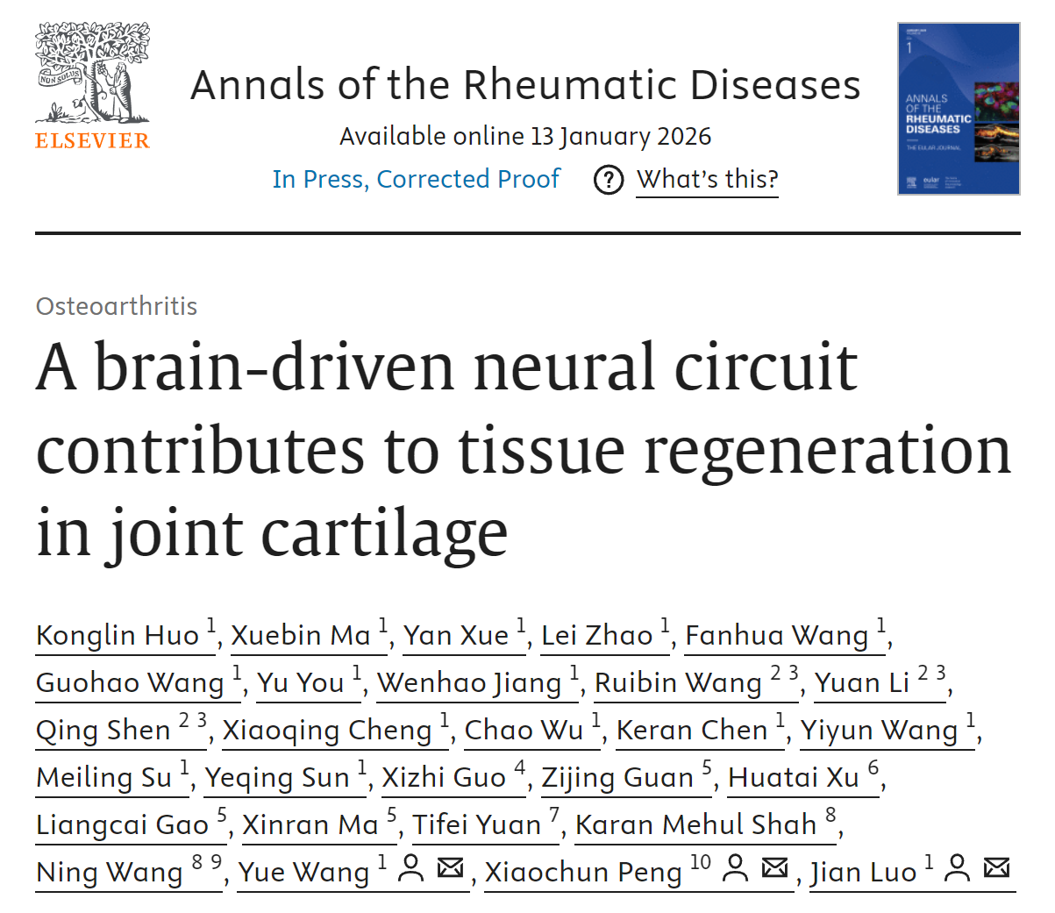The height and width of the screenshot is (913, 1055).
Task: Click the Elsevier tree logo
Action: pyautogui.click(x=92, y=73)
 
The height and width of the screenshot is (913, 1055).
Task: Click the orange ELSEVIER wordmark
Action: pyautogui.click(x=92, y=140)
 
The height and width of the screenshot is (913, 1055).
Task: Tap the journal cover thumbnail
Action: pyautogui.click(x=959, y=108)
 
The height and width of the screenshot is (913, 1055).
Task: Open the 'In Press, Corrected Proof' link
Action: pyautogui.click(x=416, y=179)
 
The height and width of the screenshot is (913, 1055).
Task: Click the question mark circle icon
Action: pyautogui.click(x=609, y=180)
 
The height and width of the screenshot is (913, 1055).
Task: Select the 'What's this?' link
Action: pyautogui.click(x=708, y=179)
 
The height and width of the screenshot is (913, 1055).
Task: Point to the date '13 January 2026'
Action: pyautogui.click(x=621, y=136)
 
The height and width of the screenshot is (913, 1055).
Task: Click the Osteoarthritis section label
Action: pyautogui.click(x=117, y=306)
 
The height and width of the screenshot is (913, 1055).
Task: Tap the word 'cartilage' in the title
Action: pyautogui.click(x=384, y=533)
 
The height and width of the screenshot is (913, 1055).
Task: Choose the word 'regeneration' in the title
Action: pyautogui.click(x=827, y=452)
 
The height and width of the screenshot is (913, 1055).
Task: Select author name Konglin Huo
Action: pyautogui.click(x=118, y=635)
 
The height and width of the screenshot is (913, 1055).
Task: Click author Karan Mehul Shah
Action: pyautogui.click(x=696, y=824)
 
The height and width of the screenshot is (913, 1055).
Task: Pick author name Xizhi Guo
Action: pyautogui.click(x=444, y=777)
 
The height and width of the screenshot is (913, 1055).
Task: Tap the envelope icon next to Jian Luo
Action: pyautogui.click(x=997, y=867)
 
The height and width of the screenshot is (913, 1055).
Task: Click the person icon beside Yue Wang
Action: pyautogui.click(x=411, y=868)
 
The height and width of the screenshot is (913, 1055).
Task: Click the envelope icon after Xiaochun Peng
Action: pyautogui.click(x=775, y=867)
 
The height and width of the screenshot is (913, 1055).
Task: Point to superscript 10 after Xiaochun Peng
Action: pyautogui.click(x=701, y=862)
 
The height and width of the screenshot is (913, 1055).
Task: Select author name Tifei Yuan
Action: pyautogui.click(x=477, y=824)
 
